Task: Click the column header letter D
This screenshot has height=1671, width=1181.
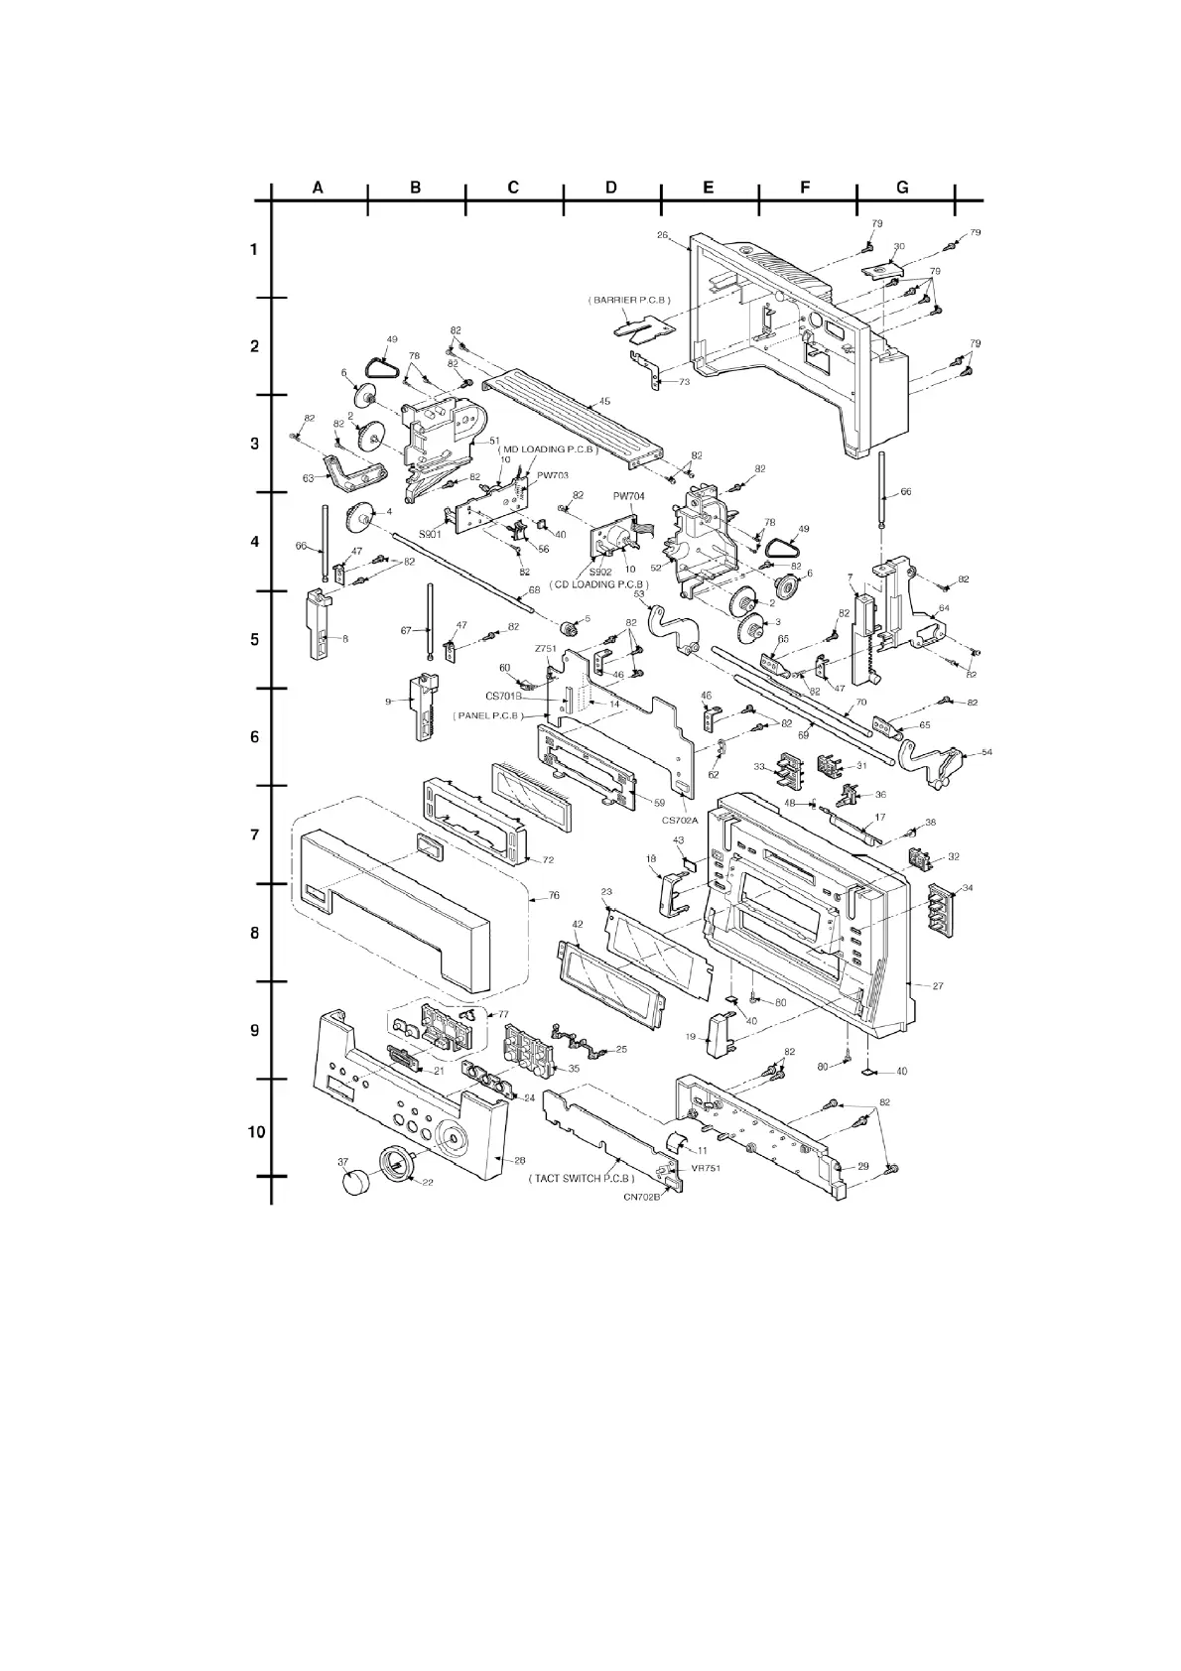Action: (610, 187)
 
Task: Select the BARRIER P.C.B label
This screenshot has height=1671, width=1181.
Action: (629, 299)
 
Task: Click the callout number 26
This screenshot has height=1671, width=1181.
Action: (663, 235)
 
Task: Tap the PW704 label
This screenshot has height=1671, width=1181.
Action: (629, 496)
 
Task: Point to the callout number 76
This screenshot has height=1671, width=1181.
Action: (554, 895)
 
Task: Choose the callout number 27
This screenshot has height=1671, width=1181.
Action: (938, 985)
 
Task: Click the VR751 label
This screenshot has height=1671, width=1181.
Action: (707, 1168)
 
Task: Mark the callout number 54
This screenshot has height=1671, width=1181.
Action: (985, 753)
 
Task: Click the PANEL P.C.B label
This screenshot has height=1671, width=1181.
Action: (487, 715)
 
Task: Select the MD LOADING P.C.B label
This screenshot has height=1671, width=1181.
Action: (547, 450)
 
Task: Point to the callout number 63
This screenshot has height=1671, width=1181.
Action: (309, 477)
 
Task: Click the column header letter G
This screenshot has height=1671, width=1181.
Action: (902, 187)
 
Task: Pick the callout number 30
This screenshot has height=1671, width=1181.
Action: (899, 246)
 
